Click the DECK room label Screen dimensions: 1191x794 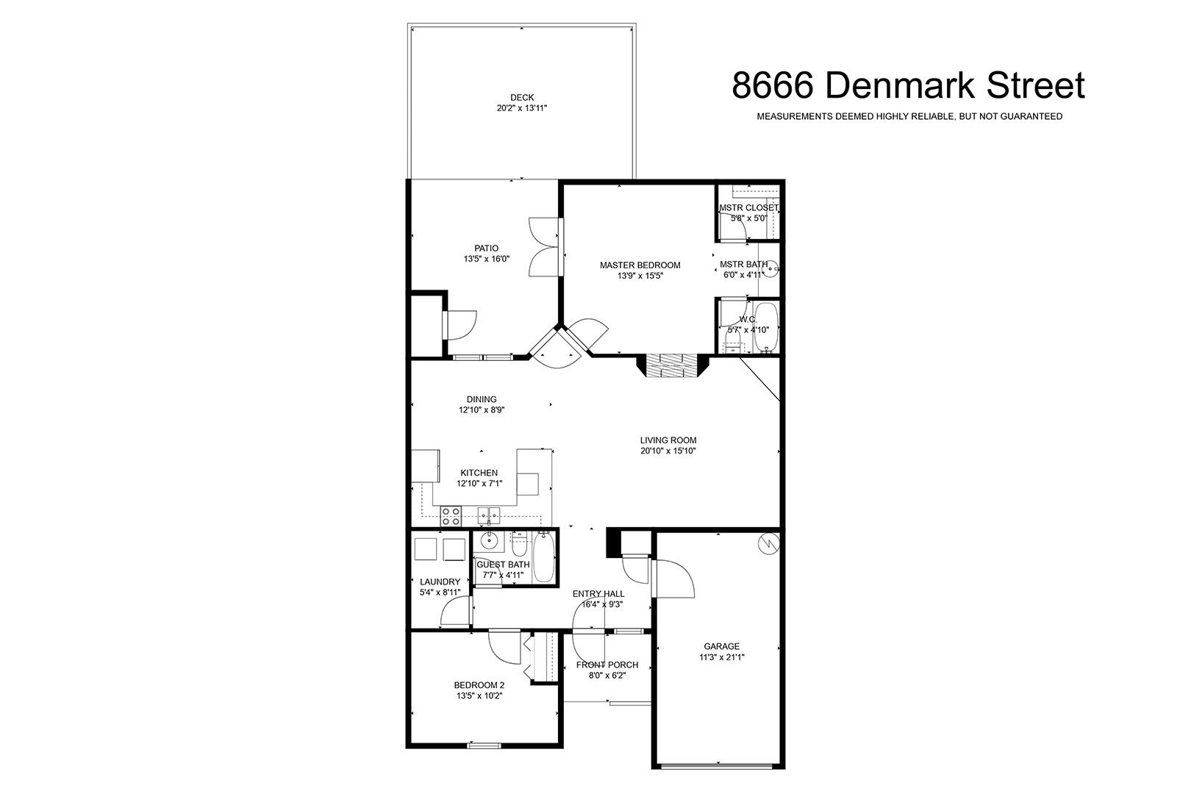521,97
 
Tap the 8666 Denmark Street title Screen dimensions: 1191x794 908,85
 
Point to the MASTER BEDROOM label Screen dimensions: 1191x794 640,265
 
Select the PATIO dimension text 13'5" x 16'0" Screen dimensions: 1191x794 487,259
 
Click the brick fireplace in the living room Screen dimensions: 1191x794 673,365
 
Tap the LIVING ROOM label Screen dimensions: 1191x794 668,440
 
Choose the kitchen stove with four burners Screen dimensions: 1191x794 451,516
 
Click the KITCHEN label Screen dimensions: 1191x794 479,473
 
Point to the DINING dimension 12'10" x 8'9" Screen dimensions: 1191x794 482,410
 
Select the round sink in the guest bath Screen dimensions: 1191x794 489,541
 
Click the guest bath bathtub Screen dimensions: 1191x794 543,558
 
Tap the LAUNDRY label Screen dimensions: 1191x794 440,582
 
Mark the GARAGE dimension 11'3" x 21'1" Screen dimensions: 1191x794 721,657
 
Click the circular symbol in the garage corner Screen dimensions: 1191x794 768,543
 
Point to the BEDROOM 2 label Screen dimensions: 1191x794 479,685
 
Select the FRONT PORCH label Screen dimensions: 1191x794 607,665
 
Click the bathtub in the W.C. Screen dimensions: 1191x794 765,327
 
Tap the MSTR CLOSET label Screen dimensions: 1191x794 748,207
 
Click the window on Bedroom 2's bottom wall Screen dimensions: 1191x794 484,745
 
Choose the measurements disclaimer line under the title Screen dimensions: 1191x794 909,116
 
